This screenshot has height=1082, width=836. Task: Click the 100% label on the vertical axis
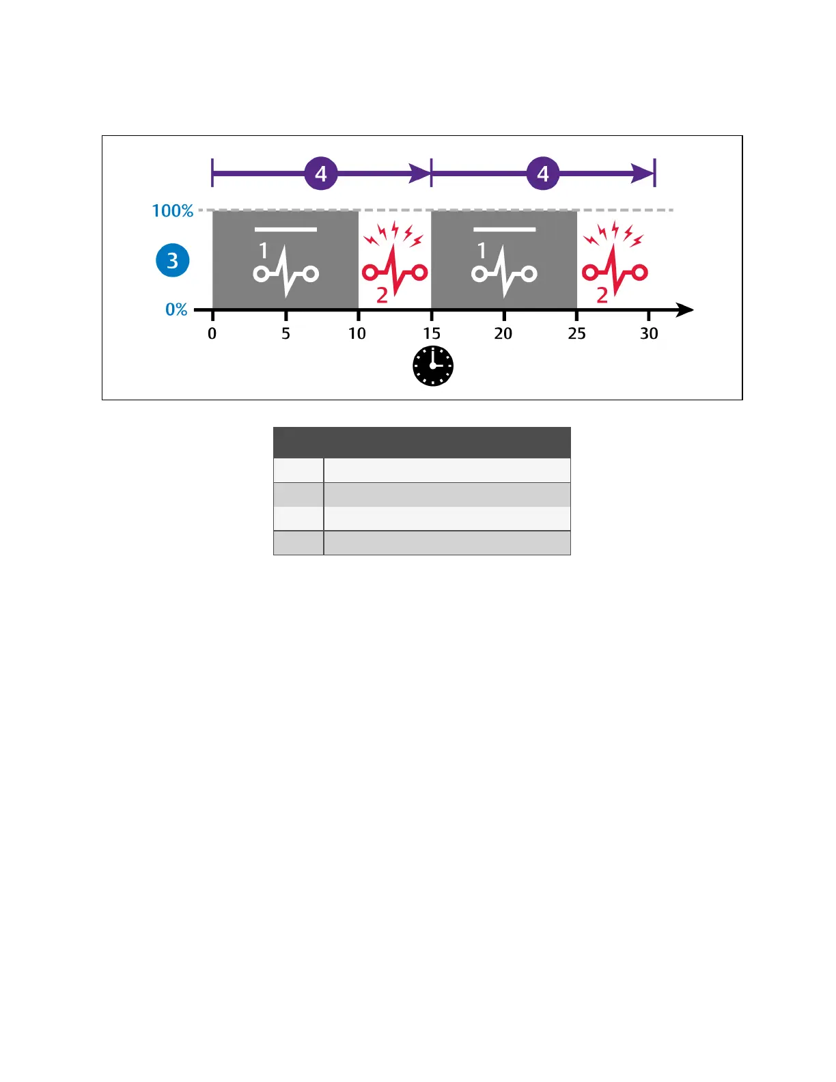[173, 210]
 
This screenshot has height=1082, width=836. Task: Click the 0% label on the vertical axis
[176, 309]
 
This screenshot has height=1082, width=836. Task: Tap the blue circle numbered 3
[173, 260]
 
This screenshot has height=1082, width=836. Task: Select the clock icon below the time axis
[433, 366]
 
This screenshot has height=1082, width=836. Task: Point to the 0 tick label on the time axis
[212, 333]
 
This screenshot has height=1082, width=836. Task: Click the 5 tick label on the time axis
[285, 333]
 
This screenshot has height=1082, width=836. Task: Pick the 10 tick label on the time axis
[357, 333]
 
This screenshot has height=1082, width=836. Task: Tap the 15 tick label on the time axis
[432, 333]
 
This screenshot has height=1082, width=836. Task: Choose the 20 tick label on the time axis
[503, 333]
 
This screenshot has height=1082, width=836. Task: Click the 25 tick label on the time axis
[577, 333]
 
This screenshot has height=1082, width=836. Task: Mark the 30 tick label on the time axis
[649, 333]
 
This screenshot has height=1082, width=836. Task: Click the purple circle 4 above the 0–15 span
[321, 174]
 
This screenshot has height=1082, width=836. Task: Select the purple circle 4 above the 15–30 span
[543, 174]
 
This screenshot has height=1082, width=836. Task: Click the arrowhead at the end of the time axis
[684, 310]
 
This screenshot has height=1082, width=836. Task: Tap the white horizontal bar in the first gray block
[285, 230]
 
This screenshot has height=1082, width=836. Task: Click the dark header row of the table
[421, 443]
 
